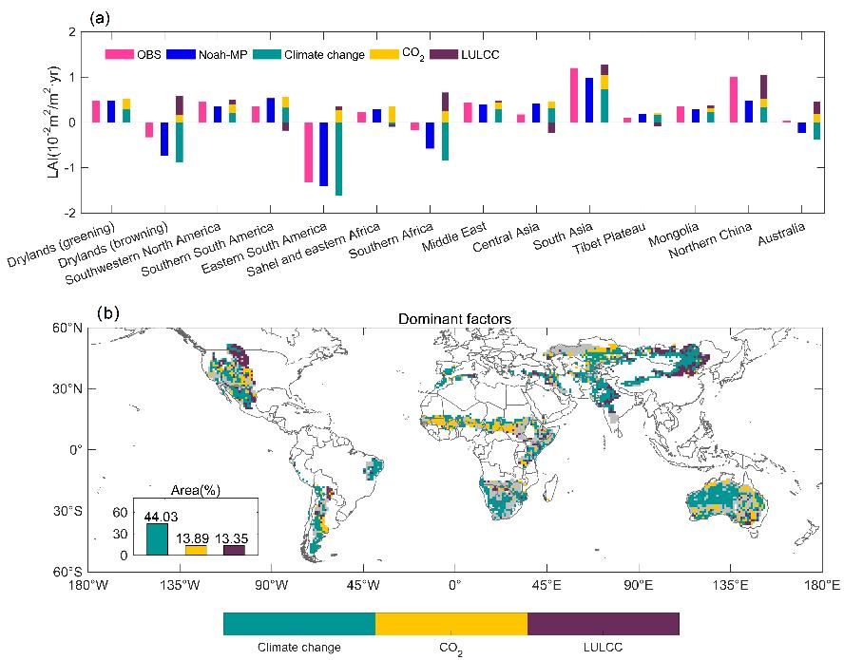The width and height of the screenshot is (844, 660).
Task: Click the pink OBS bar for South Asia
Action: pyautogui.click(x=574, y=95)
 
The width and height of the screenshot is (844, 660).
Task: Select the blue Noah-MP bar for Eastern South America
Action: pyautogui.click(x=324, y=154)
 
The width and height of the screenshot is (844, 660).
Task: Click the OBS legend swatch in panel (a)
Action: pyautogui.click(x=119, y=54)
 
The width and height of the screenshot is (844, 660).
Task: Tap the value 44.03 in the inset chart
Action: pyautogui.click(x=158, y=516)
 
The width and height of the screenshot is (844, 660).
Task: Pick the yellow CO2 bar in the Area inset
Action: pyautogui.click(x=196, y=550)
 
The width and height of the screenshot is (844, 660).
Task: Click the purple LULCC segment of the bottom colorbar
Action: pyautogui.click(x=603, y=624)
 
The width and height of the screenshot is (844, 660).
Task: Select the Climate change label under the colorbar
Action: pyautogui.click(x=299, y=648)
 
